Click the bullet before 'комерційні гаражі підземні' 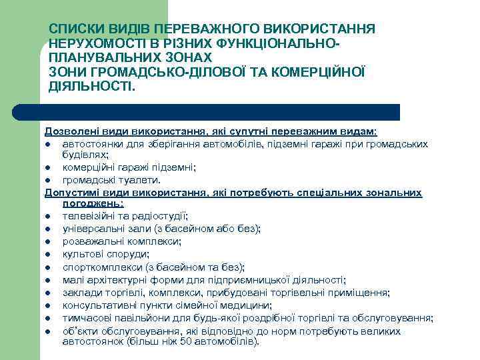[x=49, y=168]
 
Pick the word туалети [x=141, y=180]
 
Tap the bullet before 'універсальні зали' [x=49, y=229]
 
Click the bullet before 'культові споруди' [x=49, y=253]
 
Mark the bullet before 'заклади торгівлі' [x=49, y=293]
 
